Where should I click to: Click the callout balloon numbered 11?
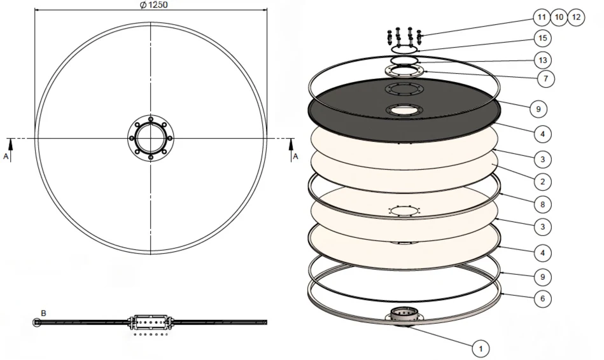(x=542, y=17)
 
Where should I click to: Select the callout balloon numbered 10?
(x=559, y=17)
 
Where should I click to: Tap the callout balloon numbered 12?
(x=576, y=17)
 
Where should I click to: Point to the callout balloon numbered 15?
(x=542, y=38)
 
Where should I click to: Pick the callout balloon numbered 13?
(x=543, y=60)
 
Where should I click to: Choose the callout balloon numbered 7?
(x=545, y=79)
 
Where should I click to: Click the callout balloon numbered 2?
(x=543, y=181)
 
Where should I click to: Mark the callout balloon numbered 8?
(x=543, y=204)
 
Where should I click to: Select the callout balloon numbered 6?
(x=543, y=298)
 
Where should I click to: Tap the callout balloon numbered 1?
(x=481, y=349)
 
